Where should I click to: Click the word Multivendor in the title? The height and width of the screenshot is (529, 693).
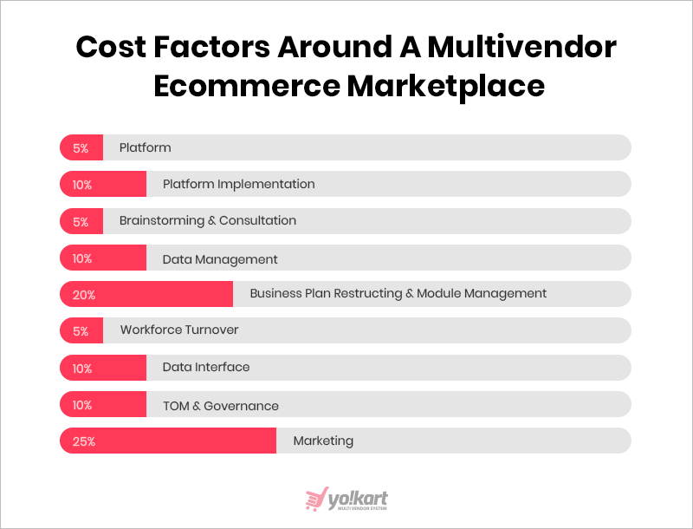tap(521, 47)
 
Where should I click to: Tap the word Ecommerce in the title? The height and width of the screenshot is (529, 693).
tap(247, 85)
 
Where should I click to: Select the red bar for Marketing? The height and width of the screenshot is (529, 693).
tap(168, 441)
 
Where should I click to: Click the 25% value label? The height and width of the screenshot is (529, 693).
tap(84, 441)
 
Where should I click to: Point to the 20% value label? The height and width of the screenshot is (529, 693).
tap(84, 295)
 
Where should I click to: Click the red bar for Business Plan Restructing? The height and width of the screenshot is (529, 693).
tap(146, 294)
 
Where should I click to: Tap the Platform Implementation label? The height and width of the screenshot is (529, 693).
tap(239, 184)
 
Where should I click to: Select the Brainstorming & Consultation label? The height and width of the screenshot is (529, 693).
tap(208, 220)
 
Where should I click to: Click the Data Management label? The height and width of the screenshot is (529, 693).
tap(220, 259)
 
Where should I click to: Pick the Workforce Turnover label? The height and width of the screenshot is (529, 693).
tap(179, 330)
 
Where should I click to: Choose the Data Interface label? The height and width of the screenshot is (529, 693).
tap(206, 367)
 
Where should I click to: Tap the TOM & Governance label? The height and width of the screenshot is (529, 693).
tap(221, 406)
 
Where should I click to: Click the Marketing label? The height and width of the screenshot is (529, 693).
tap(323, 441)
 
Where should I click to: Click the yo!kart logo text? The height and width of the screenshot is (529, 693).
tap(358, 500)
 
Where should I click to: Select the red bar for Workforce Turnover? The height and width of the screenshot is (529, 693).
tap(81, 330)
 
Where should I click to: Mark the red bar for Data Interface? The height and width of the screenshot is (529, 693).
tap(103, 368)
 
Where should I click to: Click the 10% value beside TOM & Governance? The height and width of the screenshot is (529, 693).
tap(82, 405)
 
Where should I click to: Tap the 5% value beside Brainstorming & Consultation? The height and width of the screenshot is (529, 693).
tap(81, 222)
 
